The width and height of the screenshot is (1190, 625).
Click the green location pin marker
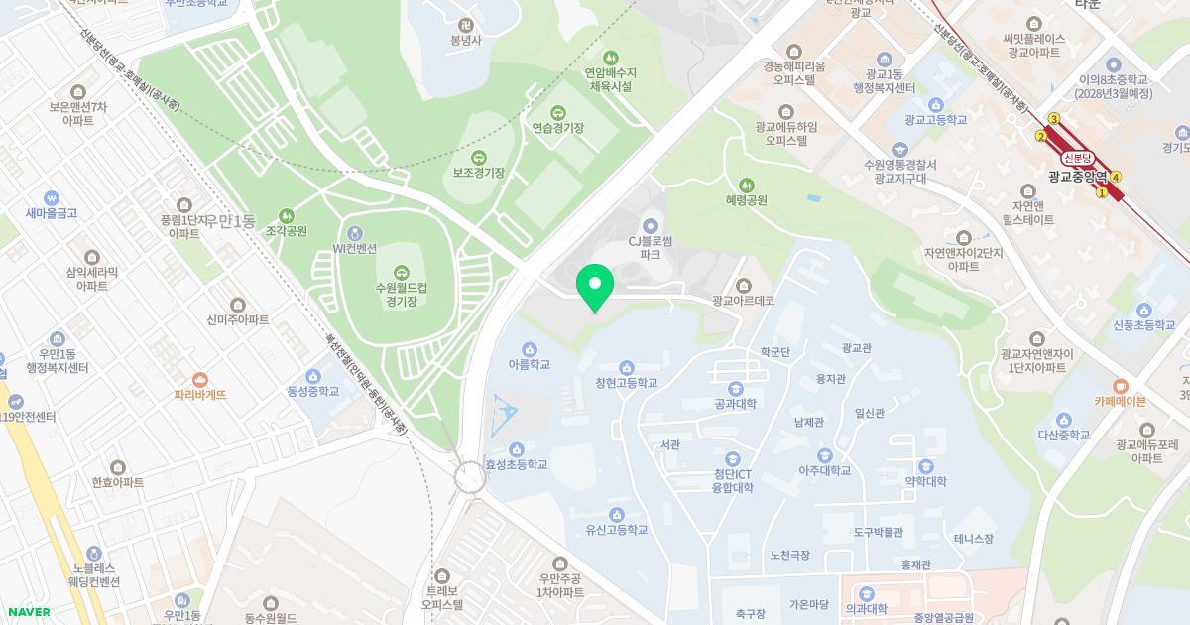[595, 285]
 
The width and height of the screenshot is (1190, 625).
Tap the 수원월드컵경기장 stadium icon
[401, 272]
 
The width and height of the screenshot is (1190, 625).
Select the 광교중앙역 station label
[1077, 177]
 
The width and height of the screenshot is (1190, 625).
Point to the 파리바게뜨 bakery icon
[200, 379]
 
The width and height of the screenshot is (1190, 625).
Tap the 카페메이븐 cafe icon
[1120, 386]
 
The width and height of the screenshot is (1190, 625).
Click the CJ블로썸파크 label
[651, 247]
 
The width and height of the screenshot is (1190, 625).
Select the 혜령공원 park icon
[746, 184]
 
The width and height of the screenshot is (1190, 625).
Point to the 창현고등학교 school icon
[626, 367]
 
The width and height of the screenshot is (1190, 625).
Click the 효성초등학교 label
[516, 464]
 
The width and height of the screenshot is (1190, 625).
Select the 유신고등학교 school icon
[616, 514]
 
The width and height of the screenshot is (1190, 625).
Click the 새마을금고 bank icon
[52, 197]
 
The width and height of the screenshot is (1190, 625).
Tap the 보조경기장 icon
[478, 157]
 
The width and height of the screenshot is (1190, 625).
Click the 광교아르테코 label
[743, 300]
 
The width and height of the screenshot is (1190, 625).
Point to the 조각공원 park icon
[287, 215]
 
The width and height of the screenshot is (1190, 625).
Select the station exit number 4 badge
[1117, 178]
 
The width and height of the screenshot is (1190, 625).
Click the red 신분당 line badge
[1077, 158]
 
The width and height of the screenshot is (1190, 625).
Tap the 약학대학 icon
[925, 465]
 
